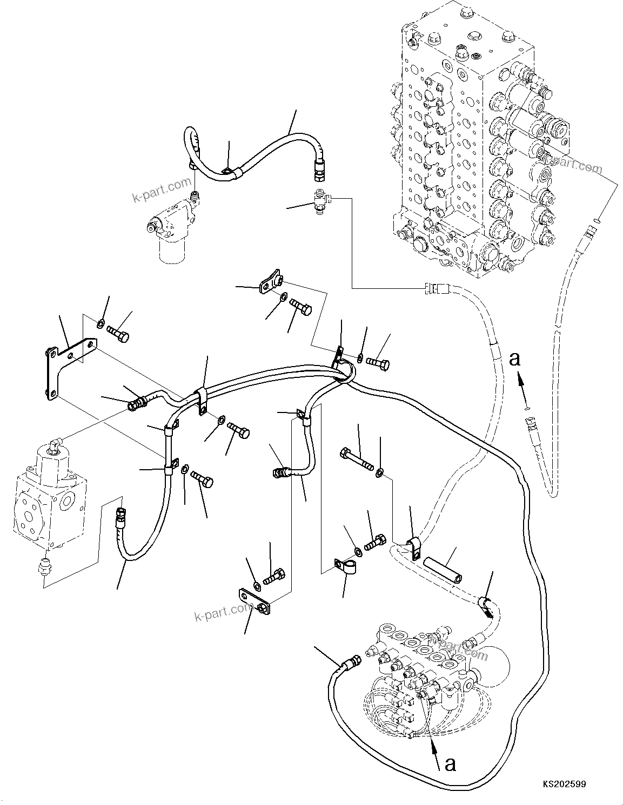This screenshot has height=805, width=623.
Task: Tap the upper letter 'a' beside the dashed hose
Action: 515,358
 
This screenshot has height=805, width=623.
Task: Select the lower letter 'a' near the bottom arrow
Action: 450,763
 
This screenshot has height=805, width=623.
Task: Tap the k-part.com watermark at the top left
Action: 162,190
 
